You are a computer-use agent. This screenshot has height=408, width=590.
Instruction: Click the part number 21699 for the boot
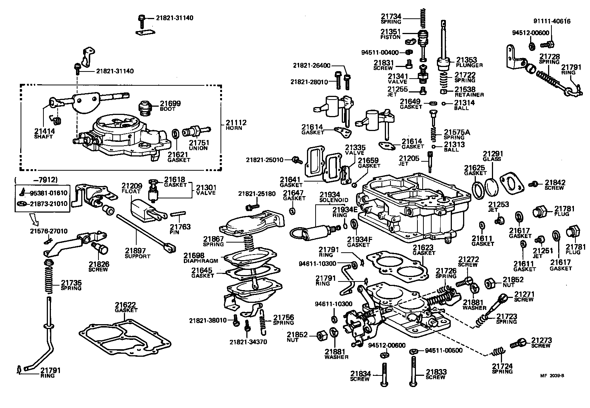170,103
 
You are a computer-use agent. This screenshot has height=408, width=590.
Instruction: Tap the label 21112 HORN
236,125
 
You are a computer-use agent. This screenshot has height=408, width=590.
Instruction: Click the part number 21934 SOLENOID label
329,197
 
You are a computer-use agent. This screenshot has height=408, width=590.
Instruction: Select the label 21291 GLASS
493,156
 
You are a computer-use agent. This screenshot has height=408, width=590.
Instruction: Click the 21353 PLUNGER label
469,62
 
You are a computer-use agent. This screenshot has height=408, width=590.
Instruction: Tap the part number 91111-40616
552,21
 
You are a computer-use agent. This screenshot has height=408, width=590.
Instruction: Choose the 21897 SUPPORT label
137,253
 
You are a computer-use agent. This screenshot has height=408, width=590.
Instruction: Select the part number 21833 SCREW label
436,375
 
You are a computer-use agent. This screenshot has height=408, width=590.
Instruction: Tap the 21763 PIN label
180,229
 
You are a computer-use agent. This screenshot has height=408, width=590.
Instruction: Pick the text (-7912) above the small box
36,180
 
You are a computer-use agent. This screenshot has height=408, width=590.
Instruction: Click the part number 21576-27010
49,231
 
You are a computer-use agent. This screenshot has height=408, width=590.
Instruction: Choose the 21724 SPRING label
502,368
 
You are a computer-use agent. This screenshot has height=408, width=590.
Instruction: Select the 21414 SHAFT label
44,133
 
